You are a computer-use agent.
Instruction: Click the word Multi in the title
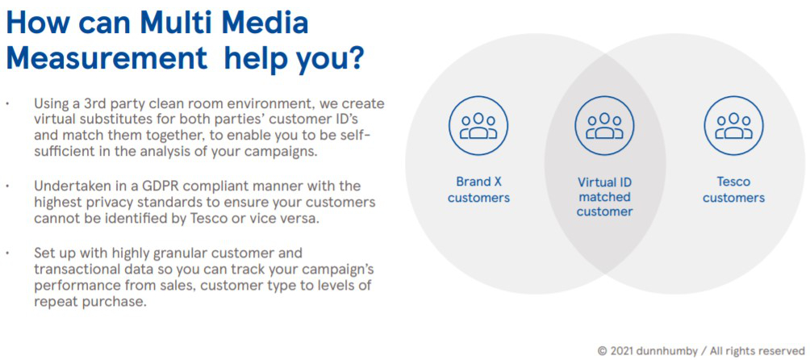173,23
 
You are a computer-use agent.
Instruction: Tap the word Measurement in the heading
106,59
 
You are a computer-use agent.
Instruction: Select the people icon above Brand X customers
478,125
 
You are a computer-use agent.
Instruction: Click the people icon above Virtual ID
605,125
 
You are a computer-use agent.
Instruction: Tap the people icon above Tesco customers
733,125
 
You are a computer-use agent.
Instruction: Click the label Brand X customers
478,190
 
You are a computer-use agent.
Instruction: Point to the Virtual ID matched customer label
605,197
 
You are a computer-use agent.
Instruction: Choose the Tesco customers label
733,190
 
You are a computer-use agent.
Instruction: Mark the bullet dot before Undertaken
8,186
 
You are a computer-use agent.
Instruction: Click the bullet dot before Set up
8,253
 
